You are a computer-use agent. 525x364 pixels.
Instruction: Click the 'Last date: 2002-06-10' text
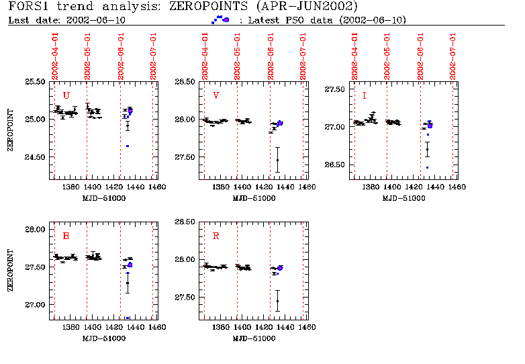[x=66, y=19]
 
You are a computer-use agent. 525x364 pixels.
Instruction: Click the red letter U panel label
[x=66, y=95]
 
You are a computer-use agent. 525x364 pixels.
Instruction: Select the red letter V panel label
[x=216, y=95]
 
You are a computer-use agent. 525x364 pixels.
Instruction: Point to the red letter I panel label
[x=364, y=95]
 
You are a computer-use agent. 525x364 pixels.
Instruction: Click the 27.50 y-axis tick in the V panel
[x=185, y=157]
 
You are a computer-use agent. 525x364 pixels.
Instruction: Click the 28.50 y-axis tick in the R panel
[x=185, y=222]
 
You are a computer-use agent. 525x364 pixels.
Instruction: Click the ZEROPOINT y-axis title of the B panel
[x=11, y=270]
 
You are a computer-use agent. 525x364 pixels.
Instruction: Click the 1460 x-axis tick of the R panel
[x=307, y=328]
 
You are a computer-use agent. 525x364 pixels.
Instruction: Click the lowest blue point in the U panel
[x=127, y=146]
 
